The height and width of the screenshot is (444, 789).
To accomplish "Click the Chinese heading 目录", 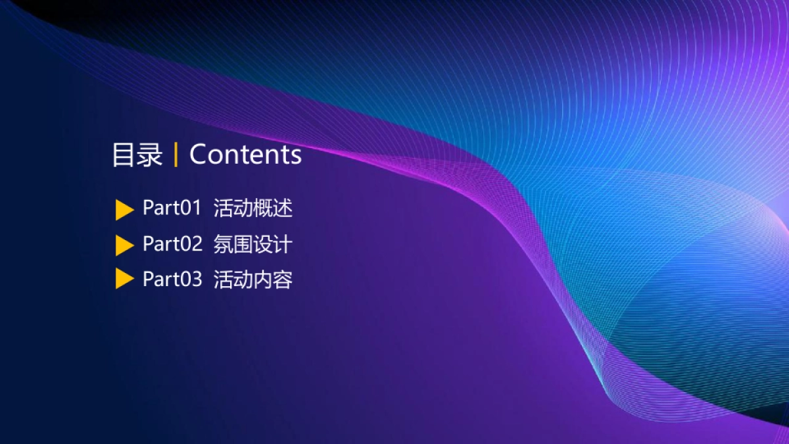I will (137, 155).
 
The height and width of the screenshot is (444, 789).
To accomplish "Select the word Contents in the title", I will (245, 155).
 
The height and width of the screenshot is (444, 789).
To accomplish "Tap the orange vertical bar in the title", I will (176, 155).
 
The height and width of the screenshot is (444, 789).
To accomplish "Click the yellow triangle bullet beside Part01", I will (124, 210).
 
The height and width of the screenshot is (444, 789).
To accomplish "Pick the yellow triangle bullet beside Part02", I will (124, 245).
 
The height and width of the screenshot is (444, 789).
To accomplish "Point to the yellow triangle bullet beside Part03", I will (124, 279).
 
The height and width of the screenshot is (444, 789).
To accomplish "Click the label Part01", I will (172, 209).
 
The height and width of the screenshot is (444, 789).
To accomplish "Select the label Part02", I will (172, 244).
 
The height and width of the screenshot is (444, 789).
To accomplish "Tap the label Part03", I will (172, 279).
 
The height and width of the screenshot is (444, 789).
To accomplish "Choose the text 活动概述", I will (253, 209).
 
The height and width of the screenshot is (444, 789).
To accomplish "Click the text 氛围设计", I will (253, 244).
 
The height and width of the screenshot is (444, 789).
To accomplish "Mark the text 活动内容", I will (253, 279).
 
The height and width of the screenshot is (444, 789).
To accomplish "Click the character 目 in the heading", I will (124, 155).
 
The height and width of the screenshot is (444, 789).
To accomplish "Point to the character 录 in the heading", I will (150, 155).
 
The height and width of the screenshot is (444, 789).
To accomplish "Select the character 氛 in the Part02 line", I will (224, 244).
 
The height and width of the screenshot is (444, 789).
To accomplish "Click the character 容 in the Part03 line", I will (283, 279).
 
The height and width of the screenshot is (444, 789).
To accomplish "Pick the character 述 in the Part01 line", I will (283, 209).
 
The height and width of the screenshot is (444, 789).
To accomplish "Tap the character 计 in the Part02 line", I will (283, 244).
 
